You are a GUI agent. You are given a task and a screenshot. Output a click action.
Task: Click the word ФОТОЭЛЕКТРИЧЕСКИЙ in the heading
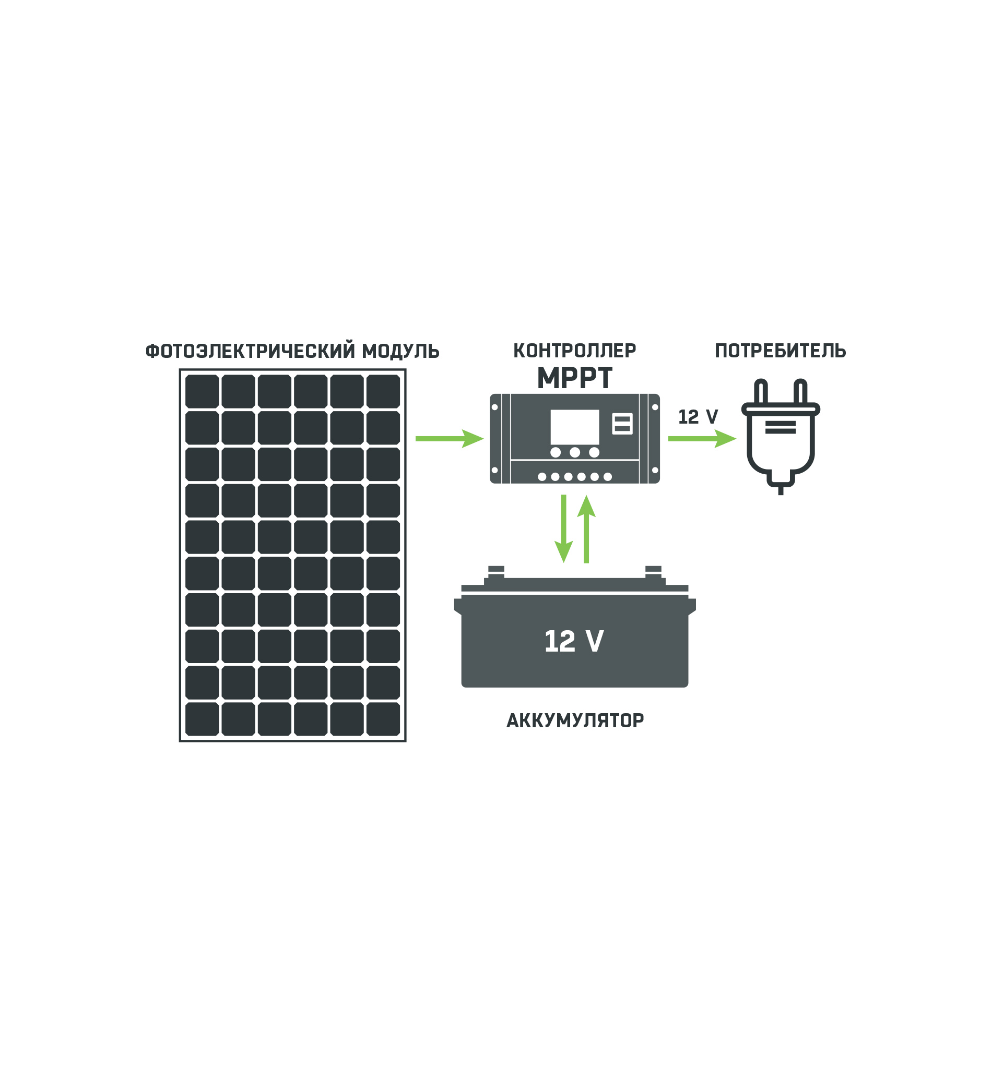[251, 352]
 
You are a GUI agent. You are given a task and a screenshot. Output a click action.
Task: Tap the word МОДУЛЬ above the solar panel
[400, 352]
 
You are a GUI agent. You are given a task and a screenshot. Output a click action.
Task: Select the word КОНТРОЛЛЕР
[574, 351]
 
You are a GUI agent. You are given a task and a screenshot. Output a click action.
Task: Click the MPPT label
[574, 378]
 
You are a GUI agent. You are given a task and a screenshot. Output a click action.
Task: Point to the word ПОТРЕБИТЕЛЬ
[780, 351]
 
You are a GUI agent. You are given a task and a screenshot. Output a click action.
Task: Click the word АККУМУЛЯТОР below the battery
[575, 720]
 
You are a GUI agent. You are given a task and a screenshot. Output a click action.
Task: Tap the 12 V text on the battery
[574, 641]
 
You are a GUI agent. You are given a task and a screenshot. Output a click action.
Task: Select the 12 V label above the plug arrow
[698, 417]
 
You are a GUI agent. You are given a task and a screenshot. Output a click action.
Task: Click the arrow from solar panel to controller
[449, 439]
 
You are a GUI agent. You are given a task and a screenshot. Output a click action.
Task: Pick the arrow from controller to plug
[701, 439]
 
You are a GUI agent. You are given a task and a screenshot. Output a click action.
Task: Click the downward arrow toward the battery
[563, 528]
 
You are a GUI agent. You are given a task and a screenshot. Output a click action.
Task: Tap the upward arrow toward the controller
[586, 528]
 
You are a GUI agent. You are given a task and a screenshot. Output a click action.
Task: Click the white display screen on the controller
[574, 427]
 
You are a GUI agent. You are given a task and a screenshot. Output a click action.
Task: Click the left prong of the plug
[761, 392]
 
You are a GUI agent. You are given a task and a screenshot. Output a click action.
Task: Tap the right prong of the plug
[800, 392]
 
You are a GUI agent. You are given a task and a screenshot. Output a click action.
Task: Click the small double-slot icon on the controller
[622, 424]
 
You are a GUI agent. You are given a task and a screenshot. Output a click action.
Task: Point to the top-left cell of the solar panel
[202, 391]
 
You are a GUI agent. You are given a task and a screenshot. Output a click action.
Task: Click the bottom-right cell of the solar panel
[383, 719]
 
